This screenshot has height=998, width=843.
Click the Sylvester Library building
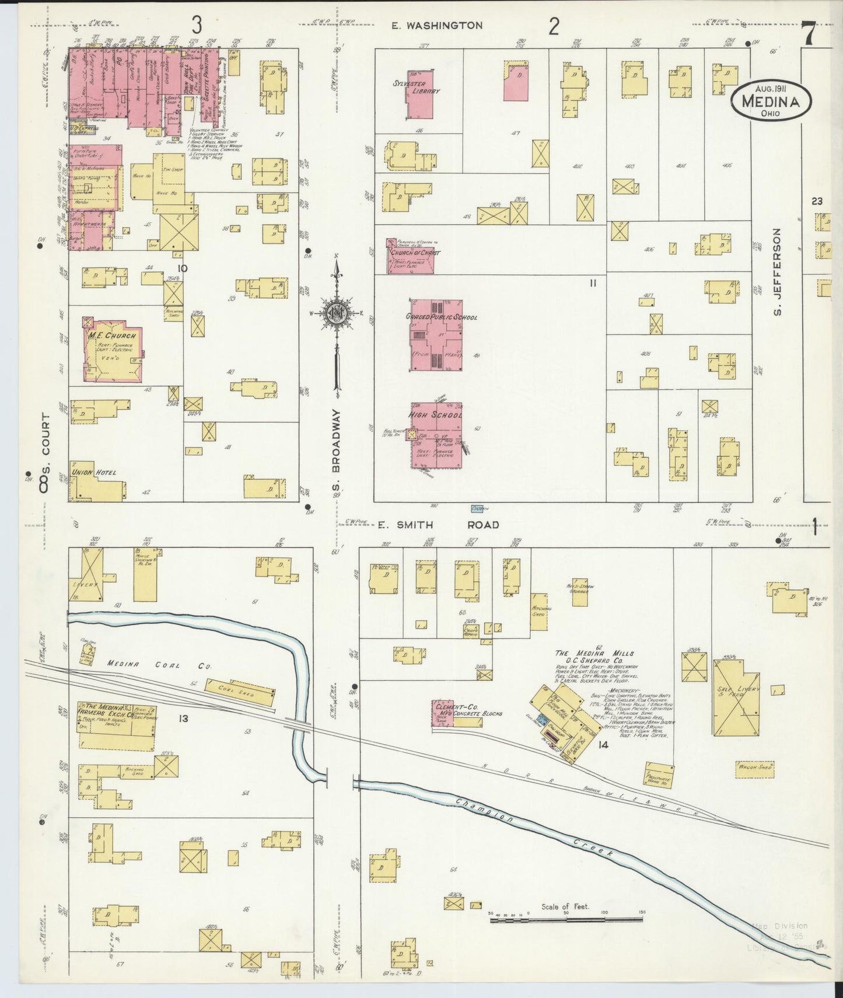point(420,93)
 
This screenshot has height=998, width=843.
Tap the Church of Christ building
point(411,255)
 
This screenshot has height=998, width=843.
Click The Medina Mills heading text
point(594,653)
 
